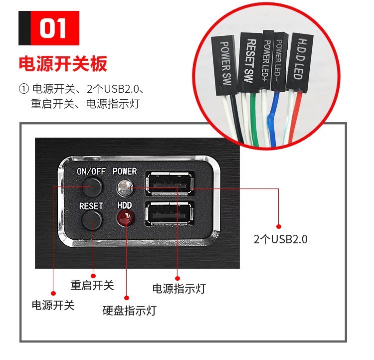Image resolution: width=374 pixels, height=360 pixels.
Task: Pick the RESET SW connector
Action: (x=249, y=62)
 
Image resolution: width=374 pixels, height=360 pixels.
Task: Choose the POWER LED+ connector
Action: (x=267, y=62)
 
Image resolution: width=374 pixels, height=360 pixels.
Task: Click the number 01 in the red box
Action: (x=54, y=28)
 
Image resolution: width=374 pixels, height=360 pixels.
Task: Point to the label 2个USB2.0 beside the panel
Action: (x=280, y=239)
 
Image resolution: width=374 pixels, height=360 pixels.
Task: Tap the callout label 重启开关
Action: (x=92, y=285)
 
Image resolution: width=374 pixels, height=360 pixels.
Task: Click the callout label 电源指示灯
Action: (x=179, y=288)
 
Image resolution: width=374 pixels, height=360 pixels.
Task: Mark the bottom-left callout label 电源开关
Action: (x=53, y=305)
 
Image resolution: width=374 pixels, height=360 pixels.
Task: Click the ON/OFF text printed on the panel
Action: (x=91, y=171)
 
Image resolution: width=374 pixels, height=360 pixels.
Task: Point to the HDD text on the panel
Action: (x=124, y=205)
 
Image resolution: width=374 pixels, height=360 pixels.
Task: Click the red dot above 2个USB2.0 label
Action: (x=279, y=226)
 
